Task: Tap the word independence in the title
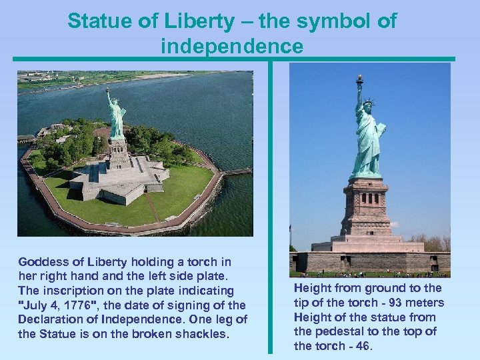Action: coord(231,47)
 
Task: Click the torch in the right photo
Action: coord(359,81)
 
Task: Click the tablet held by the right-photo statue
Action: coord(381,129)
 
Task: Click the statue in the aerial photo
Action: coord(117,117)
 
